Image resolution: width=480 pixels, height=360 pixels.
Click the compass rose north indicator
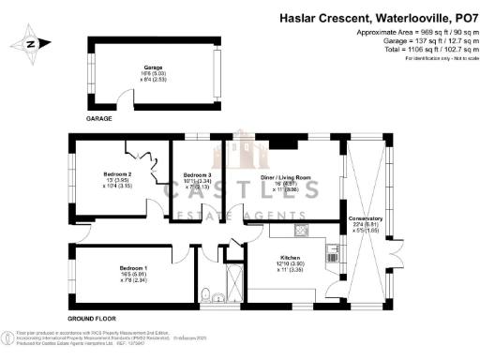[x=30, y=43]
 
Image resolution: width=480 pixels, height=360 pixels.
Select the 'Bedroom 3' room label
[x=198, y=175]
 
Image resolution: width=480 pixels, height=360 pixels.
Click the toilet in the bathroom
[x=217, y=299]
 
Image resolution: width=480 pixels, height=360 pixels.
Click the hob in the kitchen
[x=300, y=231]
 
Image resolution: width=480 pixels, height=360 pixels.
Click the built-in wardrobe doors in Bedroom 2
[x=144, y=155]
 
